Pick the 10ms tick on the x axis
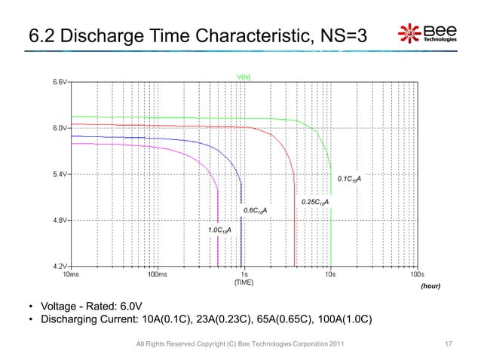[72, 275]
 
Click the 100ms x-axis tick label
[158, 275]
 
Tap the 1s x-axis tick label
[244, 275]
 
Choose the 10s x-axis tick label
[329, 275]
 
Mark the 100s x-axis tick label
[415, 275]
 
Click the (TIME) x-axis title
[244, 283]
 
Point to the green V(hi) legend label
[244, 76]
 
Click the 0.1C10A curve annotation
[349, 179]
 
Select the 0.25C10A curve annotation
[315, 203]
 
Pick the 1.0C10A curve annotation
[219, 229]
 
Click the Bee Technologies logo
[427, 35]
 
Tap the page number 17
[449, 344]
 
